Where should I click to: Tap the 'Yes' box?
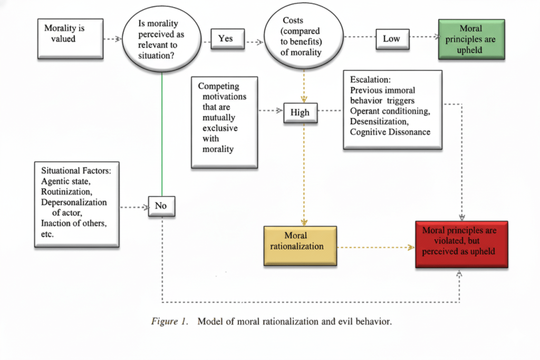226,38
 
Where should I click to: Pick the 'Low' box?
392,39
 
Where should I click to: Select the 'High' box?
300,112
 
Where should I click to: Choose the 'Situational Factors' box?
77,205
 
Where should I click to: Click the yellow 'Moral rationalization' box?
300,246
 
